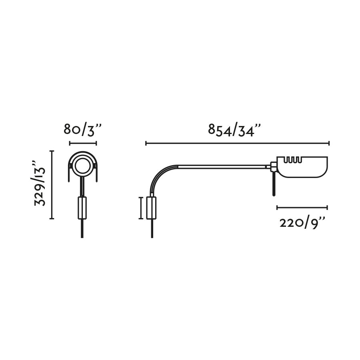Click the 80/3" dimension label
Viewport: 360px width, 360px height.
pyautogui.click(x=83, y=130)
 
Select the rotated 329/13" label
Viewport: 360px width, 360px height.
pyautogui.click(x=40, y=184)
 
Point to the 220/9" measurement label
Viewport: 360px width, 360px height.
pyautogui.click(x=302, y=223)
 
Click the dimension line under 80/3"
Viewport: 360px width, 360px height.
pyautogui.click(x=83, y=143)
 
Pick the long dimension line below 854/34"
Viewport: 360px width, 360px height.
pyautogui.click(x=237, y=143)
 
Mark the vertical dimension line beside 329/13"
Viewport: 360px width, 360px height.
pyautogui.click(x=52, y=184)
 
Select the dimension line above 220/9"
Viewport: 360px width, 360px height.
pyautogui.click(x=302, y=207)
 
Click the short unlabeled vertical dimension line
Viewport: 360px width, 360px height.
pyautogui.click(x=140, y=208)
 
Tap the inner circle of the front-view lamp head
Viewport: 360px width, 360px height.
pyautogui.click(x=83, y=166)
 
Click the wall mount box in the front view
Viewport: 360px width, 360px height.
pyautogui.click(x=82, y=208)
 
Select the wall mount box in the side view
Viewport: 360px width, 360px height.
pyautogui.click(x=152, y=208)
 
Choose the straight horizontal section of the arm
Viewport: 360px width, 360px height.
pyautogui.click(x=220, y=166)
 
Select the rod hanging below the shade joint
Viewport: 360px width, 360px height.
pyautogui.click(x=274, y=184)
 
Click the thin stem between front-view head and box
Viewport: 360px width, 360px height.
pyautogui.click(x=82, y=186)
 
